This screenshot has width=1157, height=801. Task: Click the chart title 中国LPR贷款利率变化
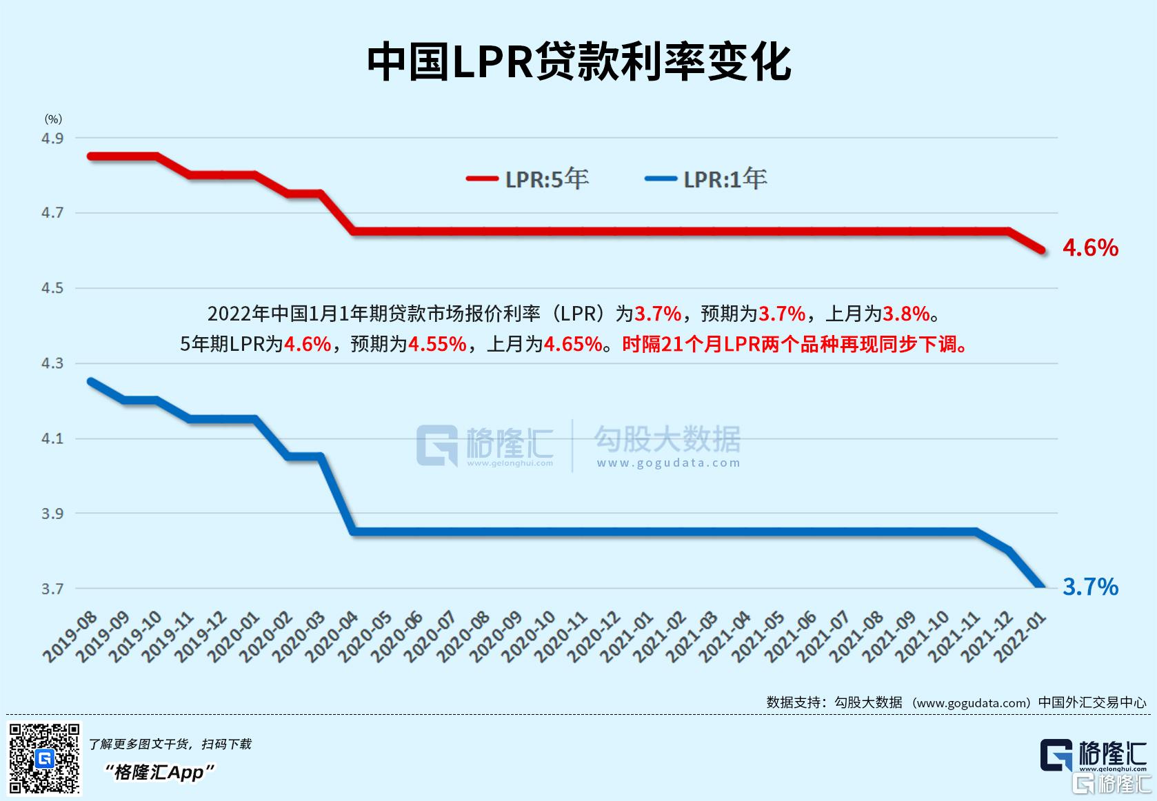[x=578, y=62]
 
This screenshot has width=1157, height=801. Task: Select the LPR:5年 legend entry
[x=528, y=179]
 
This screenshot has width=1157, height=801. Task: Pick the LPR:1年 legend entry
[x=706, y=179]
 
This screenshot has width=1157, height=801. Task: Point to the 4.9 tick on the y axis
[x=52, y=139]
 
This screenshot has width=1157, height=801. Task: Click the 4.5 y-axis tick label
[x=52, y=288]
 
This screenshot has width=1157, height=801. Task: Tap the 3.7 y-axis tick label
[x=52, y=589]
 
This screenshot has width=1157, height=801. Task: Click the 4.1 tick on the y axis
[x=52, y=438]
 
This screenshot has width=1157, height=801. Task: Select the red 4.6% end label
[x=1090, y=247]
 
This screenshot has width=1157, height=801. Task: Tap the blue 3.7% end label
[x=1090, y=587]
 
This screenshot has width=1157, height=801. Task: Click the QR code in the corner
[x=44, y=758]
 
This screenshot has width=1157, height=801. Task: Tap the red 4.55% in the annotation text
[x=437, y=343]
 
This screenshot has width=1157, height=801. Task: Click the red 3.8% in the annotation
[x=906, y=314]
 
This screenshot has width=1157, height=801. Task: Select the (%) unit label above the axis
[x=53, y=119]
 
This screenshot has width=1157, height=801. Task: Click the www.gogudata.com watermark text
[x=668, y=463]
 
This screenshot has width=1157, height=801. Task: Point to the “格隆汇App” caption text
[x=159, y=772]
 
